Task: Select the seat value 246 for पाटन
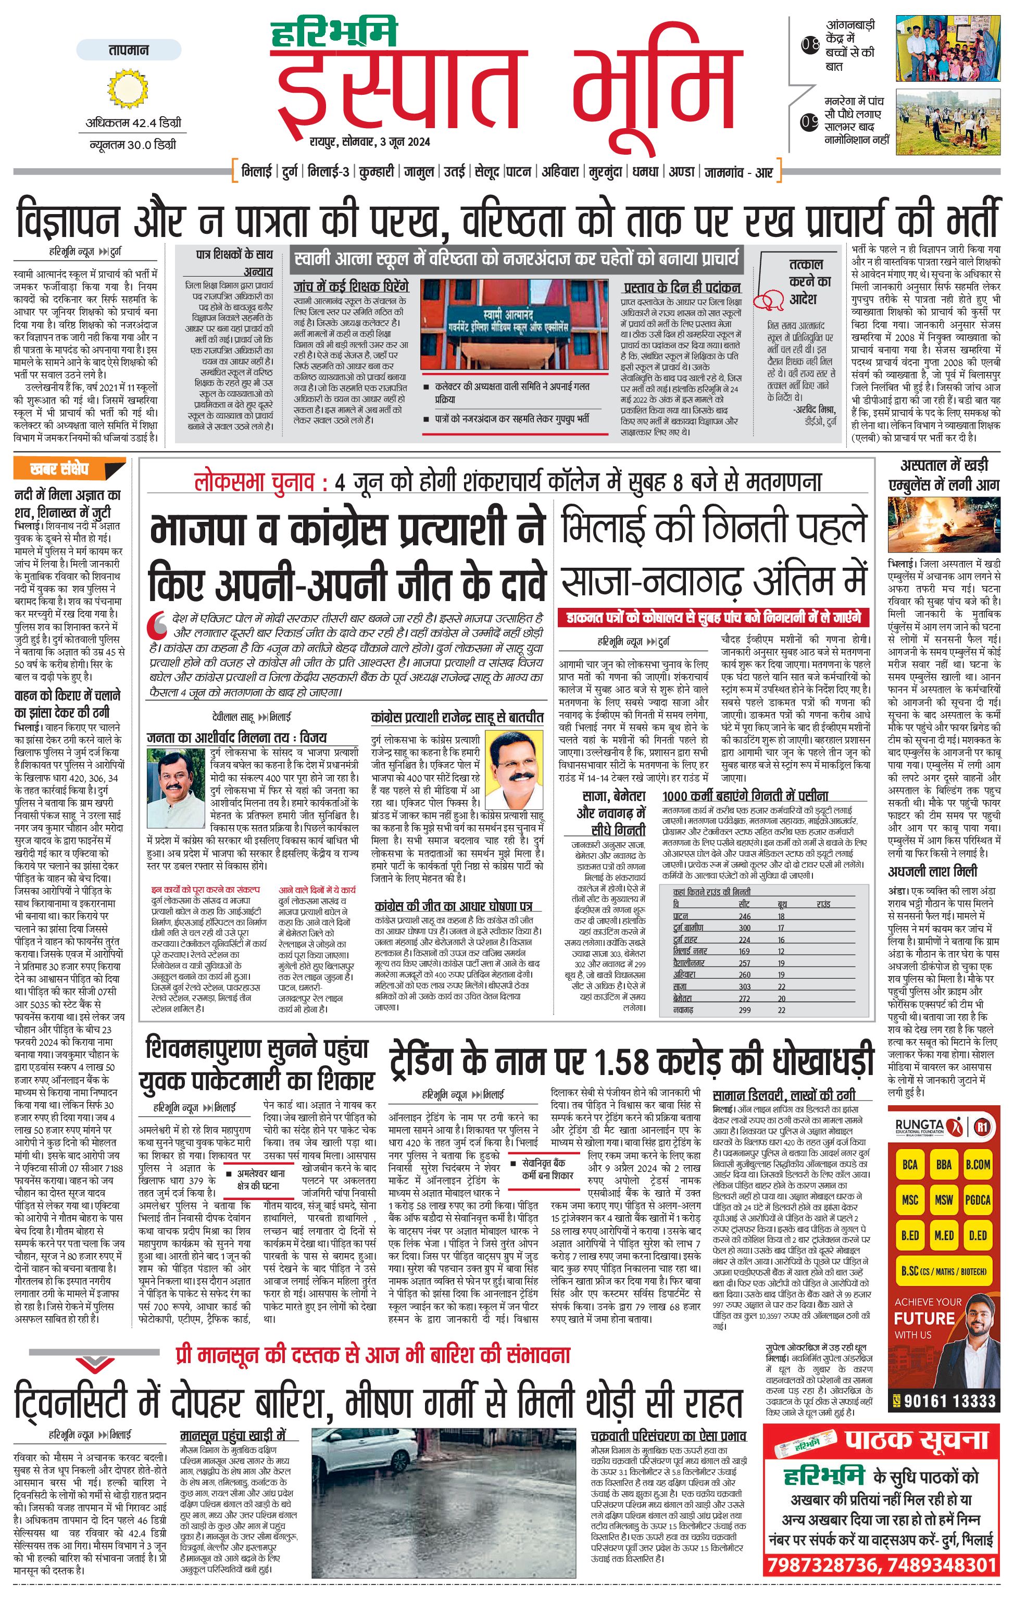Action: click(x=744, y=916)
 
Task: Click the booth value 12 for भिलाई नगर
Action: click(x=781, y=951)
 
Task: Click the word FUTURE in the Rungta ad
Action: click(x=924, y=1318)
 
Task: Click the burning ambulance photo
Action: click(x=944, y=524)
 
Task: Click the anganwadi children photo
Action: click(x=948, y=50)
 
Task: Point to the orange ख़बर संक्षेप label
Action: click(x=59, y=469)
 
